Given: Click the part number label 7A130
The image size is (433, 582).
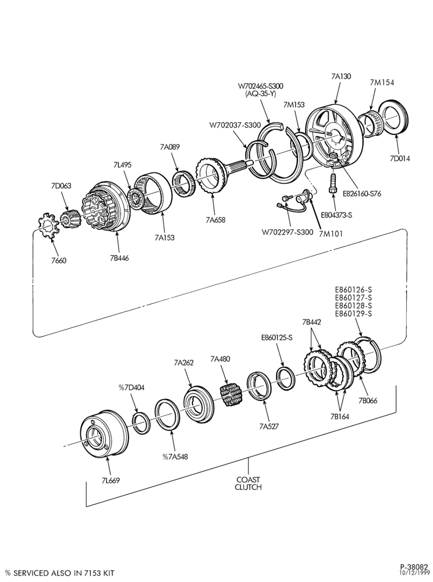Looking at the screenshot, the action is pyautogui.click(x=341, y=76).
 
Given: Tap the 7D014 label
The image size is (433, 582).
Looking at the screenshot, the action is pyautogui.click(x=400, y=158).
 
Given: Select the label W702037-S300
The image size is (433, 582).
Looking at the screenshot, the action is pyautogui.click(x=235, y=125).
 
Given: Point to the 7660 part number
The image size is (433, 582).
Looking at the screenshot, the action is pyautogui.click(x=59, y=260).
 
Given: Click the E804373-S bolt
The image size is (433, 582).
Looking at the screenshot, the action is pyautogui.click(x=333, y=183).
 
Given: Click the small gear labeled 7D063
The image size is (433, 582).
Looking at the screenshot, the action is pyautogui.click(x=70, y=219).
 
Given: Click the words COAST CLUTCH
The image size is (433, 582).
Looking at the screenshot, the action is pyautogui.click(x=248, y=483).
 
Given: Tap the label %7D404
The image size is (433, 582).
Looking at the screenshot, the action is pyautogui.click(x=132, y=388).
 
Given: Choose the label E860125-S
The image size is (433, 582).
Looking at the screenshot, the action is pyautogui.click(x=277, y=338).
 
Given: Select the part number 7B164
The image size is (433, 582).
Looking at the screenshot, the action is pyautogui.click(x=340, y=417).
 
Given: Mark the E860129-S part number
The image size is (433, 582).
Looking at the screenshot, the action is pyautogui.click(x=353, y=314).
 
